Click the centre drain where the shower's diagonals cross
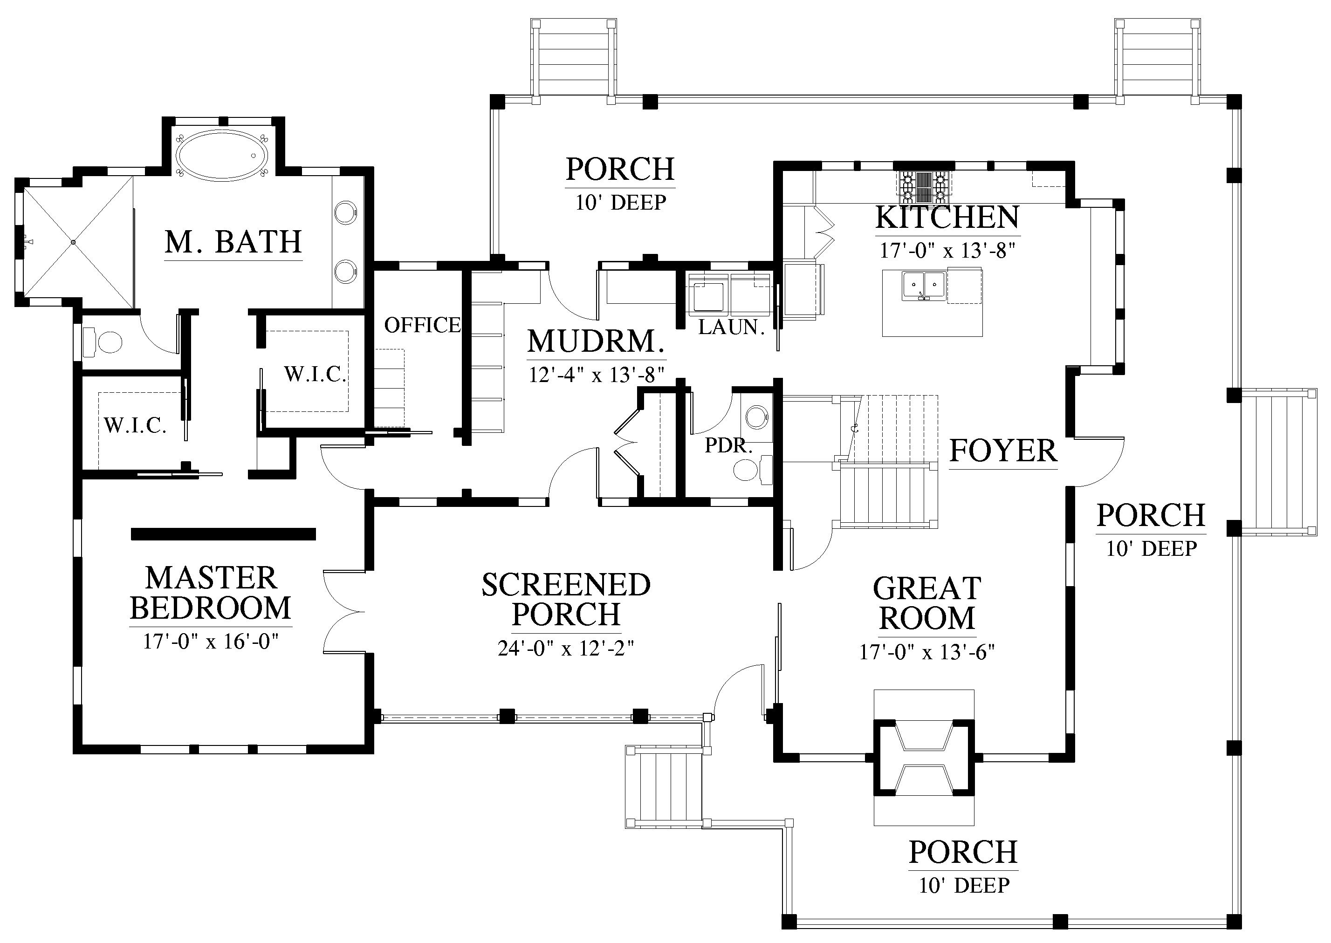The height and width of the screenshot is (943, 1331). coord(74,241)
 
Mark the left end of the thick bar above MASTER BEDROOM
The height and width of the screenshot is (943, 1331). coord(132,533)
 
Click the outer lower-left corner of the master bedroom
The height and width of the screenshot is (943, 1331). coord(73,754)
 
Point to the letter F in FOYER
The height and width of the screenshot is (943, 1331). coord(958,451)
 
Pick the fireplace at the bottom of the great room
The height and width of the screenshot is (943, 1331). coord(924,758)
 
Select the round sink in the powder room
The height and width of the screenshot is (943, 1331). coord(757,417)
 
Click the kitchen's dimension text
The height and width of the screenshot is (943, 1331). coord(948,251)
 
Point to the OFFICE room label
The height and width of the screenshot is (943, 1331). coord(423,325)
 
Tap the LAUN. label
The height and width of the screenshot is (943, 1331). coord(731,328)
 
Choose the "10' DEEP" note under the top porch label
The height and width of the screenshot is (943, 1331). coord(621,203)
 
